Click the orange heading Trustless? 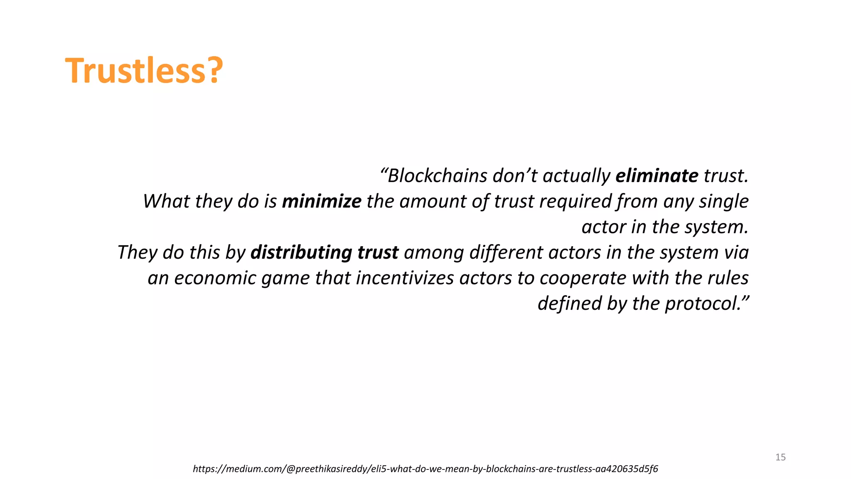coord(144,71)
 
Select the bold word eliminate coord(657,176)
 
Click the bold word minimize coord(322,202)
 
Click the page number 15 coord(780,457)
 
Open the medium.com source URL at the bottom coord(425,469)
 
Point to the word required coord(576,202)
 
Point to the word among coord(434,253)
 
